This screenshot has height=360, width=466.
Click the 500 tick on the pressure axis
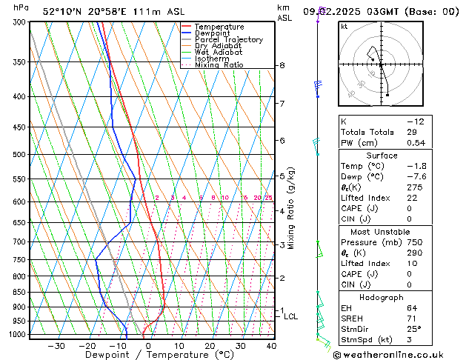click(x=19, y=155)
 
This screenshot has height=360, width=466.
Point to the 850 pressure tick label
click(x=19, y=293)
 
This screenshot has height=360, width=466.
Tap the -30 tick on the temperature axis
click(x=56, y=345)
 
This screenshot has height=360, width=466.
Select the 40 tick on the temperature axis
click(x=271, y=345)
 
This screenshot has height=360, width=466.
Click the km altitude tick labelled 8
click(x=282, y=66)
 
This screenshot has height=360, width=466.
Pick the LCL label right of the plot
click(x=290, y=316)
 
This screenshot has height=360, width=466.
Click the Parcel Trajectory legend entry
click(x=228, y=40)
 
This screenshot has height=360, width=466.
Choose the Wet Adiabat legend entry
click(x=219, y=53)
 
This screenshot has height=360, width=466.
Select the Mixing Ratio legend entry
click(x=219, y=65)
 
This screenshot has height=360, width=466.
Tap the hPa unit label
click(x=21, y=7)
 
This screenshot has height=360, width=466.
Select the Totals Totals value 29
click(x=412, y=132)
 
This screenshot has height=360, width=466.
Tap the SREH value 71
click(x=412, y=319)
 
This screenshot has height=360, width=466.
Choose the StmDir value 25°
click(x=413, y=330)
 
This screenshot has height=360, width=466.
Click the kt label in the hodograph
click(x=344, y=26)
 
